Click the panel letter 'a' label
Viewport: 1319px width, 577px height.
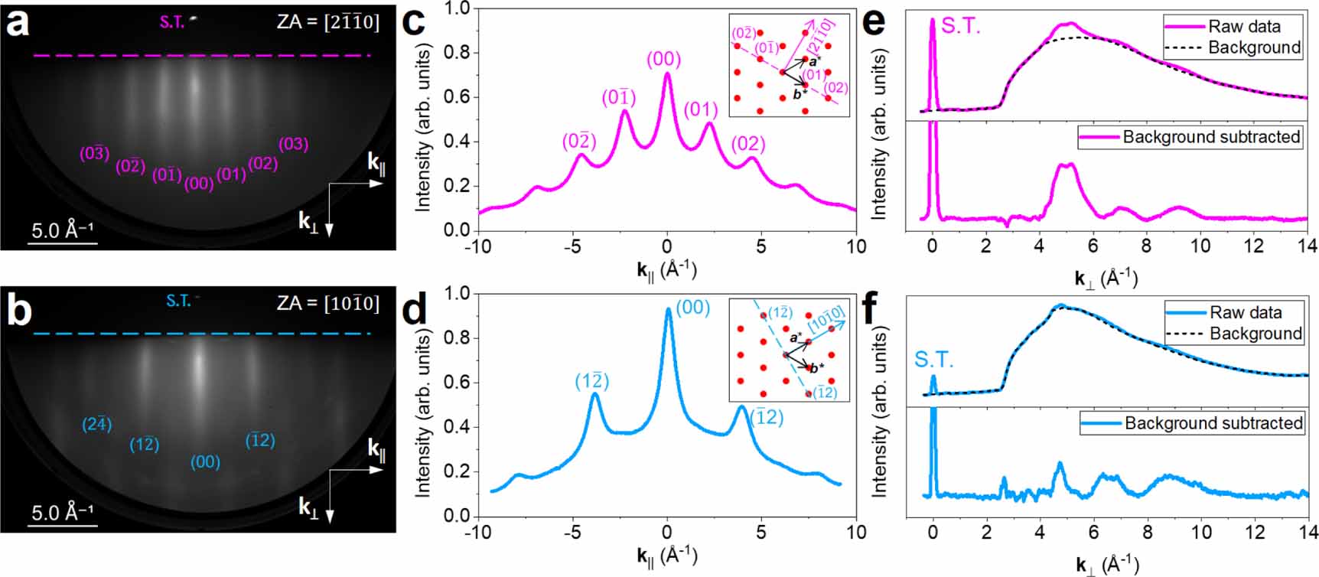tap(17, 23)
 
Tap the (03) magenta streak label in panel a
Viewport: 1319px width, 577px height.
tap(293, 144)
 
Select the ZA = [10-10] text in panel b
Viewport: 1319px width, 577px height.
tap(327, 303)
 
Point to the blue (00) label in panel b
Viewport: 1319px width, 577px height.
tap(205, 462)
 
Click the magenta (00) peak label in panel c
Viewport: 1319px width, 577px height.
tap(663, 60)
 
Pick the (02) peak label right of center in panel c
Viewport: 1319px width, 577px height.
tap(747, 144)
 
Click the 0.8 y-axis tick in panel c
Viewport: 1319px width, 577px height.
tap(456, 53)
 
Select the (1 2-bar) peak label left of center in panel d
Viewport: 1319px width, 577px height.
tap(591, 381)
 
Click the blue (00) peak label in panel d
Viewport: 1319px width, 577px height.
tap(692, 308)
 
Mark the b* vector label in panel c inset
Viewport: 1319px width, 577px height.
tap(800, 94)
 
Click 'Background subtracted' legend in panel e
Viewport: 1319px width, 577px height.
tap(1211, 137)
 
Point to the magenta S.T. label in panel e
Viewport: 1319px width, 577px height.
tap(960, 26)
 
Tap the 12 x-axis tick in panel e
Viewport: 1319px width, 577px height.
tap(1253, 246)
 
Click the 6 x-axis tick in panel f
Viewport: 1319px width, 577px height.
tap(1093, 532)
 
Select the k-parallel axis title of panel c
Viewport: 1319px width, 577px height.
tap(666, 269)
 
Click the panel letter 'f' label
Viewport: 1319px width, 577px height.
tap(874, 308)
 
